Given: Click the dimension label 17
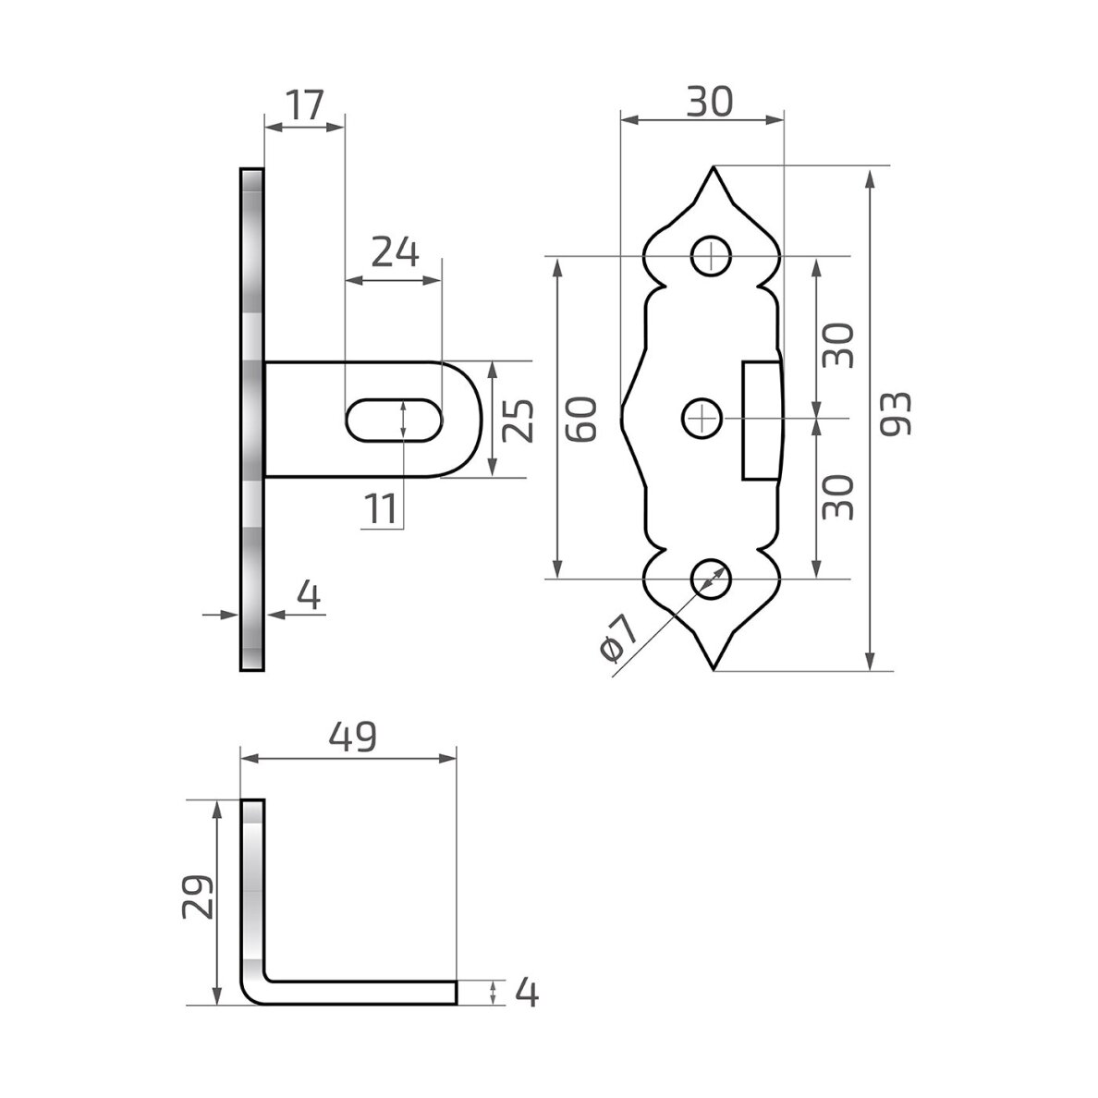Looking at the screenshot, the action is [x=306, y=105].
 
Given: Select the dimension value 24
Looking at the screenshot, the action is [x=395, y=253].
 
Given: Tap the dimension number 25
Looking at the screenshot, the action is [x=518, y=421].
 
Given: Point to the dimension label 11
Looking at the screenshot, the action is [x=381, y=509].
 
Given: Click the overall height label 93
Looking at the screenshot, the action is [x=896, y=414].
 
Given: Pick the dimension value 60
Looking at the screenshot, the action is [x=581, y=419].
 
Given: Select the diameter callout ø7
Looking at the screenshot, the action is [x=619, y=637].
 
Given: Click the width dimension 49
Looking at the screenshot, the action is [x=353, y=737].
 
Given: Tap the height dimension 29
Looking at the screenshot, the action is [x=198, y=897].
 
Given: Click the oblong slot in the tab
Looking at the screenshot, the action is [x=395, y=421].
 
